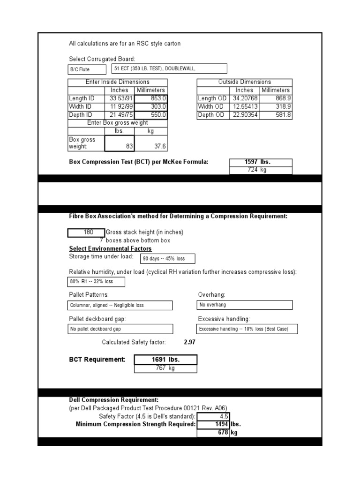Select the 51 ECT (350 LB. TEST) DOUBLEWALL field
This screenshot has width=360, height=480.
click(x=169, y=69)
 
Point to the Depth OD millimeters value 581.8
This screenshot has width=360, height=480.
click(x=276, y=115)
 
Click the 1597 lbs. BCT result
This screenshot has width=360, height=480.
click(x=261, y=162)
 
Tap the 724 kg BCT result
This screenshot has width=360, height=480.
click(x=261, y=170)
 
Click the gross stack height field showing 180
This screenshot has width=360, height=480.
click(x=86, y=232)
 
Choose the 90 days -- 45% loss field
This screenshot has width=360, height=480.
click(x=167, y=259)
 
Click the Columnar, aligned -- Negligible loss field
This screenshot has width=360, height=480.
click(x=120, y=305)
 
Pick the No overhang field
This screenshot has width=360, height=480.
click(x=245, y=305)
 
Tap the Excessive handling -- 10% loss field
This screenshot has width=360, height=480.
click(x=247, y=329)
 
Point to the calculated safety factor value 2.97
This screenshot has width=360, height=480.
click(x=190, y=342)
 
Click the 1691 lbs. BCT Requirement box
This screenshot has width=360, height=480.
click(x=165, y=360)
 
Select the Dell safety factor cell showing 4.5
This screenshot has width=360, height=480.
click(x=213, y=416)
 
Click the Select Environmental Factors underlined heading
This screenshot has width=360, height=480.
click(x=110, y=248)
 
